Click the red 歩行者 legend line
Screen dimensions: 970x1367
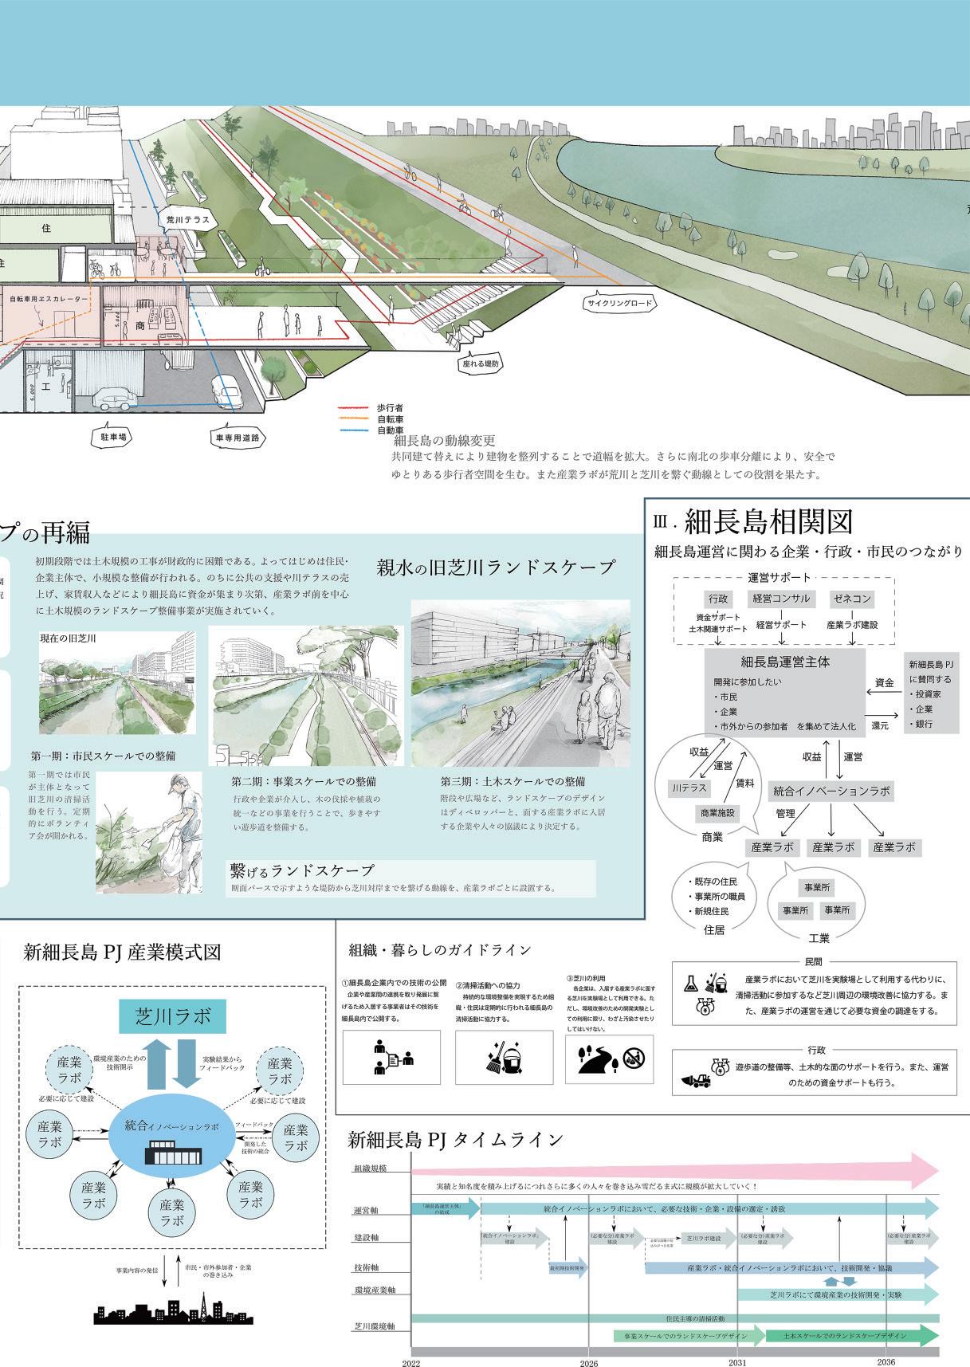tap(355, 407)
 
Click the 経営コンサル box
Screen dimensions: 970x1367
tap(782, 599)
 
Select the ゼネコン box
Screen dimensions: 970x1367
tap(851, 599)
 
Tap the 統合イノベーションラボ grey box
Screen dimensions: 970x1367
tap(831, 792)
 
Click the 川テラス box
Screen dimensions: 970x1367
tap(688, 788)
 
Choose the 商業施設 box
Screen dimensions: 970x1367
tap(718, 813)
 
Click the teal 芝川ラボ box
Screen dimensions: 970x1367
tap(173, 1016)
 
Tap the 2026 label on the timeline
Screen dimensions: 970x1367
tap(588, 1363)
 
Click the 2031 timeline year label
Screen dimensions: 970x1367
tap(737, 1362)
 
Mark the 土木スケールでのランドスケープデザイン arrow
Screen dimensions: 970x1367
tap(850, 1335)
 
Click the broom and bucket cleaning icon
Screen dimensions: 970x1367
tap(504, 1059)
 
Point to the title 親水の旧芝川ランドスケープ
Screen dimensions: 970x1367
tap(496, 568)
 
